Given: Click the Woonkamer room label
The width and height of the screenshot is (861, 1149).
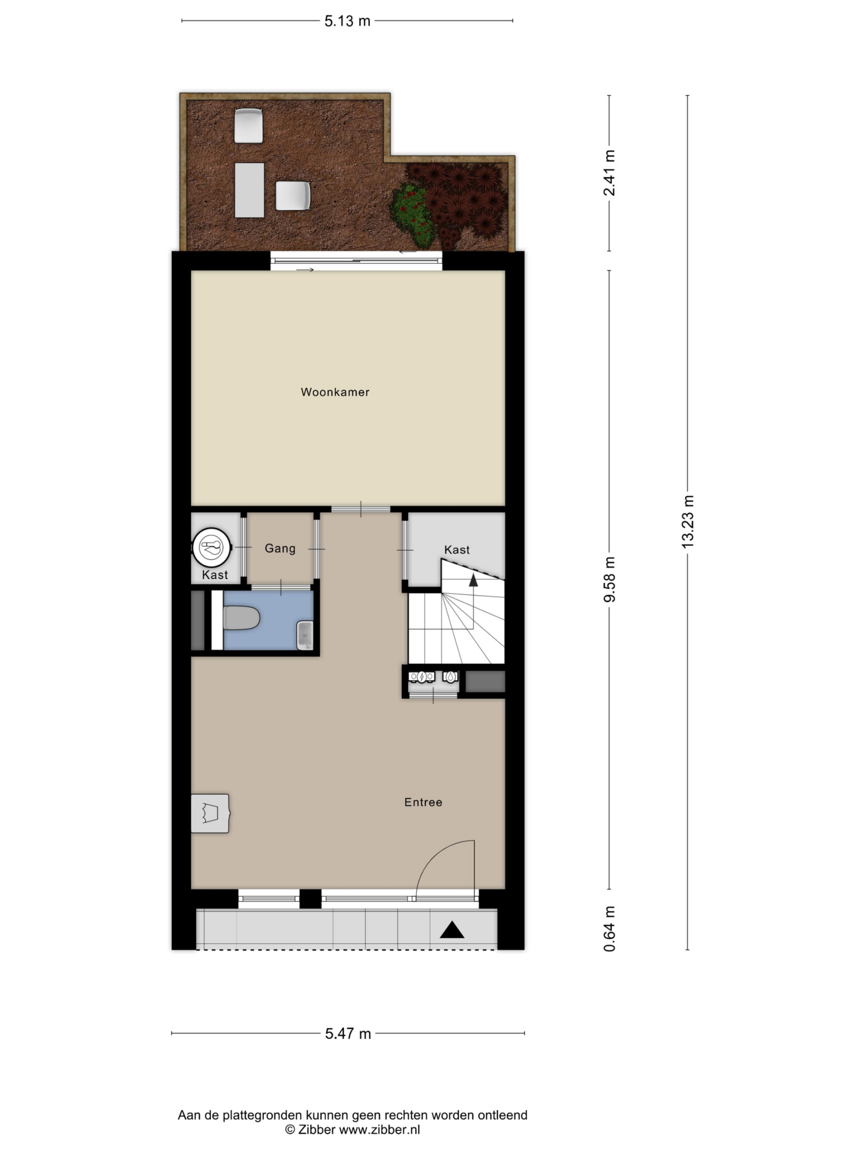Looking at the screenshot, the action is coord(335,392).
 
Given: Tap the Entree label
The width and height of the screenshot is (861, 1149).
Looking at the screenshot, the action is coord(423,802).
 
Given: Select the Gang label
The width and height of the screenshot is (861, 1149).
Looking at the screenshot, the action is coord(280,548).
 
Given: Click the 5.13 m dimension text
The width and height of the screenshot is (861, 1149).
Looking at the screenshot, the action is coord(347,21).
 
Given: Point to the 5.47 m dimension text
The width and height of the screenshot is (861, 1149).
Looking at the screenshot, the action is coord(348,1034).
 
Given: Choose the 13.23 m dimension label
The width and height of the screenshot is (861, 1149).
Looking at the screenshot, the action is coord(687,522).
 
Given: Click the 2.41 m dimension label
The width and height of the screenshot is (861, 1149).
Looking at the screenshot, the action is coord(609,173).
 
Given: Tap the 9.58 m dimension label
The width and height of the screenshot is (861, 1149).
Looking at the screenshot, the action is coord(609,579).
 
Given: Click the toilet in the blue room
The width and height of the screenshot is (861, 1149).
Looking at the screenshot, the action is coord(241,618).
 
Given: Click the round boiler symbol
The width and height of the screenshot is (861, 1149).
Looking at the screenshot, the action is coord(211,547).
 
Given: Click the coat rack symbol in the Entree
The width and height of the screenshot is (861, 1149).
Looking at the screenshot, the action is coord(210,813).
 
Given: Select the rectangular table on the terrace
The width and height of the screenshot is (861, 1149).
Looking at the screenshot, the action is coord(250,190).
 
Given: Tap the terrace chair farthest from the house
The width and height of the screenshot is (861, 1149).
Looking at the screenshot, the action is coord(248,125).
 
